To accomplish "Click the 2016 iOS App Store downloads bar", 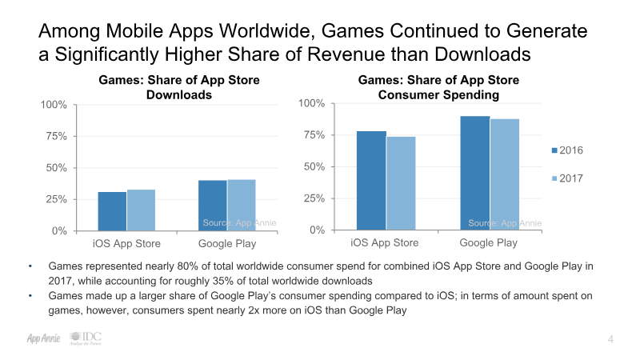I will pos(112,211).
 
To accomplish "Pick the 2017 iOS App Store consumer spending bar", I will pos(401,183).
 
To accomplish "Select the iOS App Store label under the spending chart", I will pos(385,243).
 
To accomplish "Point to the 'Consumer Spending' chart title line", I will pos(438,95).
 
